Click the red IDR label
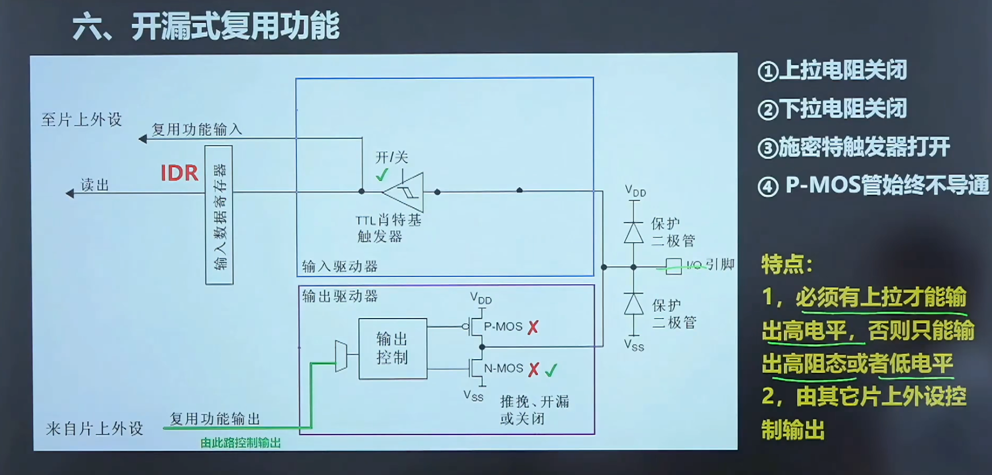179,172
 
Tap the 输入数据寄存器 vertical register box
219,215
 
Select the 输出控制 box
392,348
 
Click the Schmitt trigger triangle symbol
406,192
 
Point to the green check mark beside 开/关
382,175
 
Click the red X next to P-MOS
533,327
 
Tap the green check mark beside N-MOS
551,371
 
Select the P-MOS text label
503,327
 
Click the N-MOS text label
503,369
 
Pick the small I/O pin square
674,266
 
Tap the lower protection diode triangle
633,304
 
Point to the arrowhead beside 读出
70,194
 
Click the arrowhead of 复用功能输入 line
143,139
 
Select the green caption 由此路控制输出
241,443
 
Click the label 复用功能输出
215,418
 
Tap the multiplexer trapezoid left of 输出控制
341,356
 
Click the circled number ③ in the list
768,148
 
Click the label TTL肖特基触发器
388,228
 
